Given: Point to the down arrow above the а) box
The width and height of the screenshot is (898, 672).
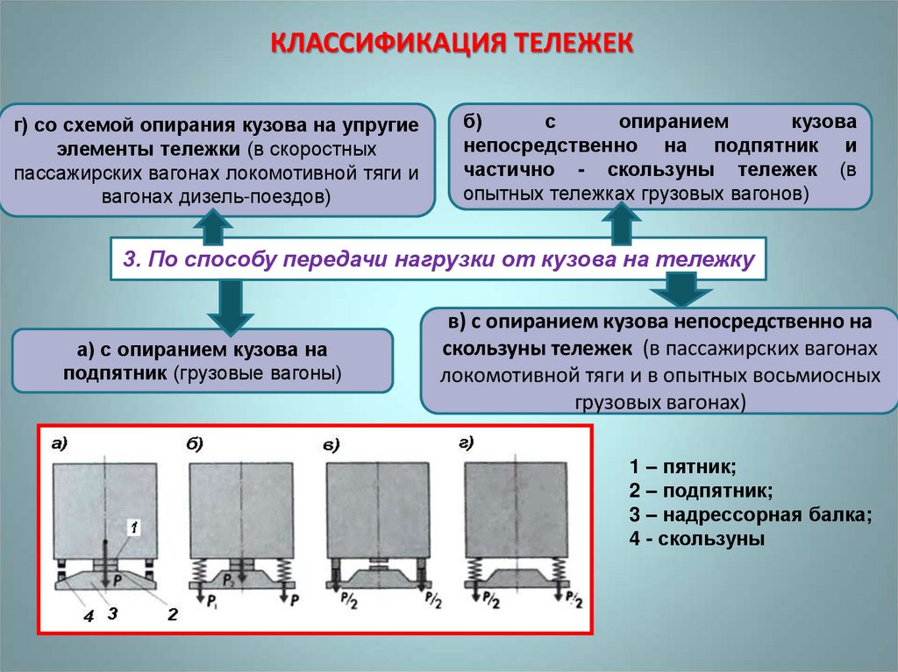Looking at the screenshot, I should pos(230,304).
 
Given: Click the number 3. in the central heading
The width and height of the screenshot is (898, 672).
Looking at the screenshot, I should pos(132,259).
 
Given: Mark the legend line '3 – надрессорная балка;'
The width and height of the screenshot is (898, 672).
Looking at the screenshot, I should pos(751,514).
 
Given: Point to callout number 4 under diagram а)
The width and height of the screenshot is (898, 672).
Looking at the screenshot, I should pos(88,616).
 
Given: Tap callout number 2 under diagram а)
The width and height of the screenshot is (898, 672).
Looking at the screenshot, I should pos(172,614).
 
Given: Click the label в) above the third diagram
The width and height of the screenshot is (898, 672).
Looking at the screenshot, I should pos(331,447).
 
